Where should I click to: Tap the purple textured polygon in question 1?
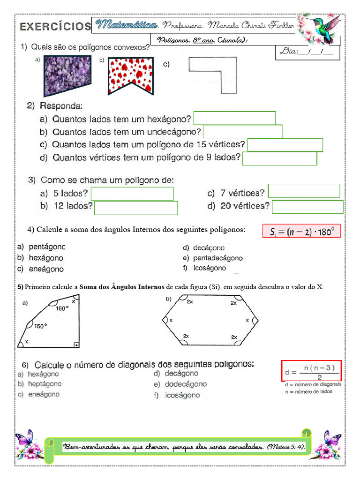pos(67,75)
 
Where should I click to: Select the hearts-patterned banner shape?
pos(131,75)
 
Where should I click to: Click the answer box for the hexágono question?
pos(234,118)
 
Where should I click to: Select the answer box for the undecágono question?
pos(242,131)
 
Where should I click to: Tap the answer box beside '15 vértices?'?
pos(285,145)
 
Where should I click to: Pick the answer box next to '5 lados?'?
pos(132,194)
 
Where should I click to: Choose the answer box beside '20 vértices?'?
pos(307,207)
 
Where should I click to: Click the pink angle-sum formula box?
pos(301,231)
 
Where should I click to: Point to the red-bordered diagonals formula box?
pos(311,371)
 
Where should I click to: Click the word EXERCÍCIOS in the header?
pos(55,27)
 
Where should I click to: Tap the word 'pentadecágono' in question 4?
pos(217,258)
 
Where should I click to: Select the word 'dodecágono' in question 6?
pos(186,384)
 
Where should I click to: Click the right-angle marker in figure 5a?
pos(76,345)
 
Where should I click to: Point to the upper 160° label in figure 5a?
pos(62,308)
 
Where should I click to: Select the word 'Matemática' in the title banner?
pos(126,24)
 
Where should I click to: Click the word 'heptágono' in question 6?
pos(45,384)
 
